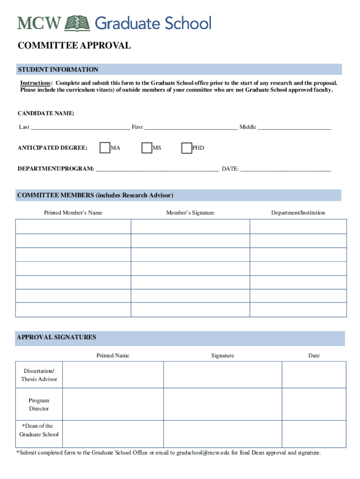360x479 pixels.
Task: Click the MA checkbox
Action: coord(105,148)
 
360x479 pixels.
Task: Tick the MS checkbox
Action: coord(147,148)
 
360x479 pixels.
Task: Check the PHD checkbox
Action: coord(187,148)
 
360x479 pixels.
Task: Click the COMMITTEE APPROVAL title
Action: coord(74,45)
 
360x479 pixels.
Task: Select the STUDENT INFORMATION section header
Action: coord(58,70)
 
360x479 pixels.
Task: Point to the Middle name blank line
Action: coord(294,127)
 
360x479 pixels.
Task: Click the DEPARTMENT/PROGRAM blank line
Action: coord(157,168)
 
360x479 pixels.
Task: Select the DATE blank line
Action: coord(286,168)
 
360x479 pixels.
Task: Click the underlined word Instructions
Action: coord(36,83)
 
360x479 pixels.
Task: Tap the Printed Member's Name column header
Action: coord(73,213)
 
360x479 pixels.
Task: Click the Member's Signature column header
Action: coord(190,213)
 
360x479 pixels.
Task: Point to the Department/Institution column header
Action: coord(298,213)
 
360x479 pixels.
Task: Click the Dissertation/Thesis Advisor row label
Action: coord(39,375)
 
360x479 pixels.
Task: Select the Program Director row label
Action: coord(39,405)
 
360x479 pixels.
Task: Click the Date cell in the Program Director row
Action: coord(314,404)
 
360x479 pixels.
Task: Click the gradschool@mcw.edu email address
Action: coord(206,453)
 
